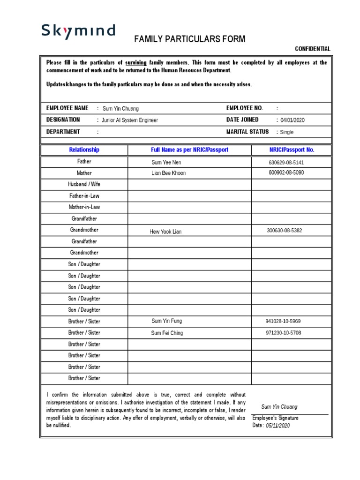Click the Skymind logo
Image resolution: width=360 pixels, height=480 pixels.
pyautogui.click(x=78, y=31)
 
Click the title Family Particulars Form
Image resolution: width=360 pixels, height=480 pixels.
pyautogui.click(x=189, y=39)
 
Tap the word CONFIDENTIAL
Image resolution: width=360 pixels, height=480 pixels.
pyautogui.click(x=312, y=49)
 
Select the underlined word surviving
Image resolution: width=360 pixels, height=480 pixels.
pyautogui.click(x=135, y=62)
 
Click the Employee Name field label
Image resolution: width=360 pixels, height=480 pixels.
pyautogui.click(x=67, y=108)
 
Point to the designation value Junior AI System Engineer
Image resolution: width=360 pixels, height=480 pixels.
pyautogui.click(x=130, y=120)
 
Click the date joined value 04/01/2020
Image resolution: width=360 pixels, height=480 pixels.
pyautogui.click(x=292, y=120)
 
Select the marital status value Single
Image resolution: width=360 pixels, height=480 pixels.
pyautogui.click(x=286, y=132)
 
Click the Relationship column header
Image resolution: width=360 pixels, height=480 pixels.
pyautogui.click(x=84, y=150)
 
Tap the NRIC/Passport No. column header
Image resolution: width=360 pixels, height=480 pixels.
pyautogui.click(x=292, y=150)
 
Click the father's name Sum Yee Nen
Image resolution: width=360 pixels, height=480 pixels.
pyautogui.click(x=166, y=162)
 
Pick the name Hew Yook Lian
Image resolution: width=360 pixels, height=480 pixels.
pyautogui.click(x=165, y=232)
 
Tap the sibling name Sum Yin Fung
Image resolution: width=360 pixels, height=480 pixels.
pyautogui.click(x=166, y=321)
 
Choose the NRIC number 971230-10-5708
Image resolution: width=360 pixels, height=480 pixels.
pyautogui.click(x=283, y=333)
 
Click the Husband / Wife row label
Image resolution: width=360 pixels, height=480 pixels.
pyautogui.click(x=84, y=184)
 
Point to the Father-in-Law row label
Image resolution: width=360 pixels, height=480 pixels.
pyautogui.click(x=84, y=196)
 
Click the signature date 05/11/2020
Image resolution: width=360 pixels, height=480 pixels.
pyautogui.click(x=278, y=426)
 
